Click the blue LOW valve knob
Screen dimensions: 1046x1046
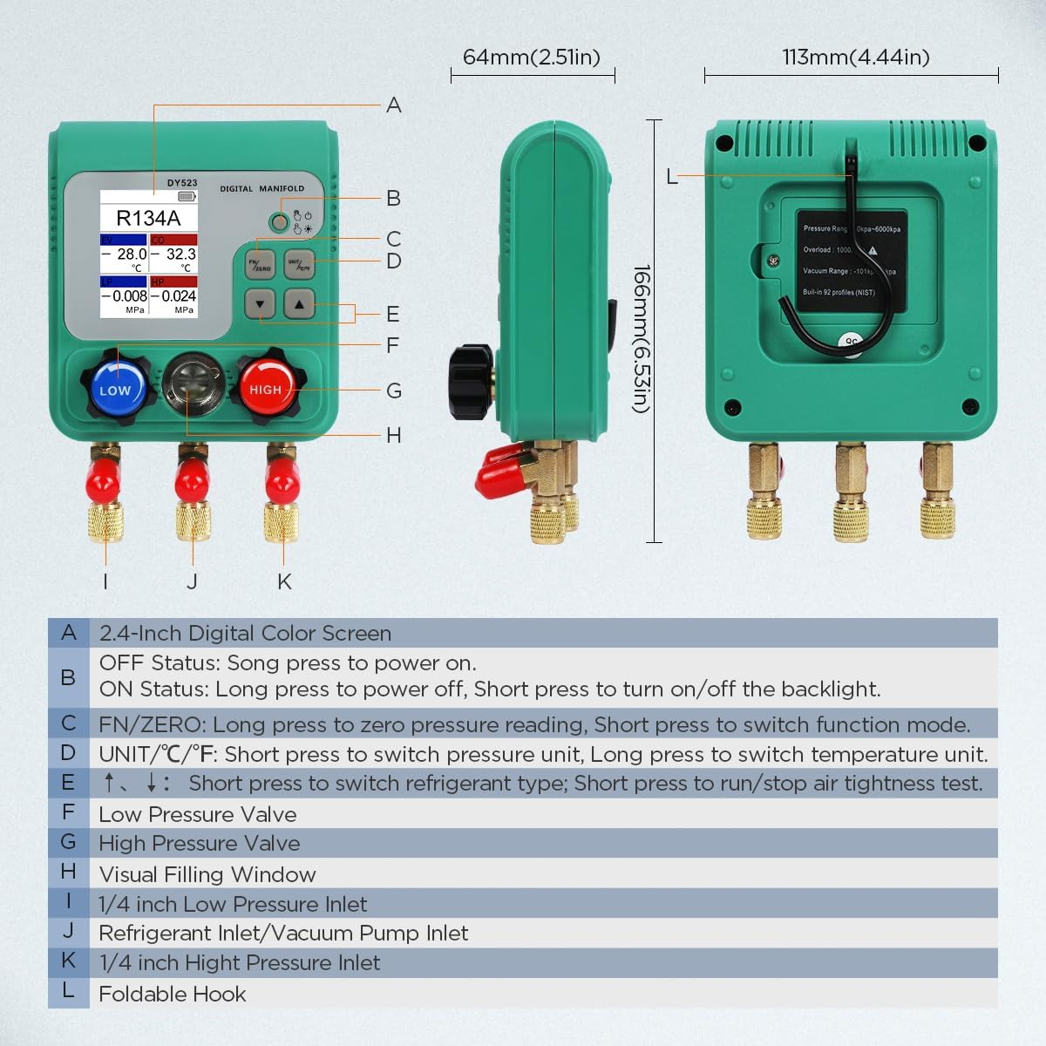click(116, 389)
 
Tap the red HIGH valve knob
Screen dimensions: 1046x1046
click(266, 389)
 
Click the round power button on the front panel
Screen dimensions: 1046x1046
click(279, 222)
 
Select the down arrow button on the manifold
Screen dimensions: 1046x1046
click(260, 304)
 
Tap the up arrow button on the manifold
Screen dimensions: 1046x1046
click(299, 304)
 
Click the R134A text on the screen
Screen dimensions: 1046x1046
click(148, 218)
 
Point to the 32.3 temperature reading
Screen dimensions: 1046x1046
click(181, 254)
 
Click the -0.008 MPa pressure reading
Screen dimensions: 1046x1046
click(124, 296)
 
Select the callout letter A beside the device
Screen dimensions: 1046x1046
click(394, 105)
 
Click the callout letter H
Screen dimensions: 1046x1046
click(394, 435)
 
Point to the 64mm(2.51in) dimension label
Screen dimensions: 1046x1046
click(532, 58)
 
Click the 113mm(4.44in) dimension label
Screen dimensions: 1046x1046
click(855, 58)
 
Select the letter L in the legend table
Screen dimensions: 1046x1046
click(68, 991)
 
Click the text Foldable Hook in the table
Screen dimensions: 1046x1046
click(173, 994)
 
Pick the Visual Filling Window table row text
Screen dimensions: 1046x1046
click(207, 874)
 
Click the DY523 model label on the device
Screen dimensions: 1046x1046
click(182, 183)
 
